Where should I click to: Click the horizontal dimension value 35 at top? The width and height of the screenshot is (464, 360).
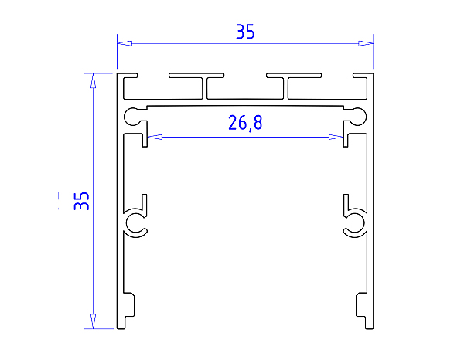click(245, 32)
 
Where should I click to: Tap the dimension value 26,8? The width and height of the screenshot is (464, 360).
click(245, 122)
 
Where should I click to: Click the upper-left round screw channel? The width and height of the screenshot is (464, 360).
click(133, 117)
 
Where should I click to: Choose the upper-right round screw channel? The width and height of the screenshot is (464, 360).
click(357, 117)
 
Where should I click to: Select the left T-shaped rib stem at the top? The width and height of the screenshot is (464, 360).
click(205, 90)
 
